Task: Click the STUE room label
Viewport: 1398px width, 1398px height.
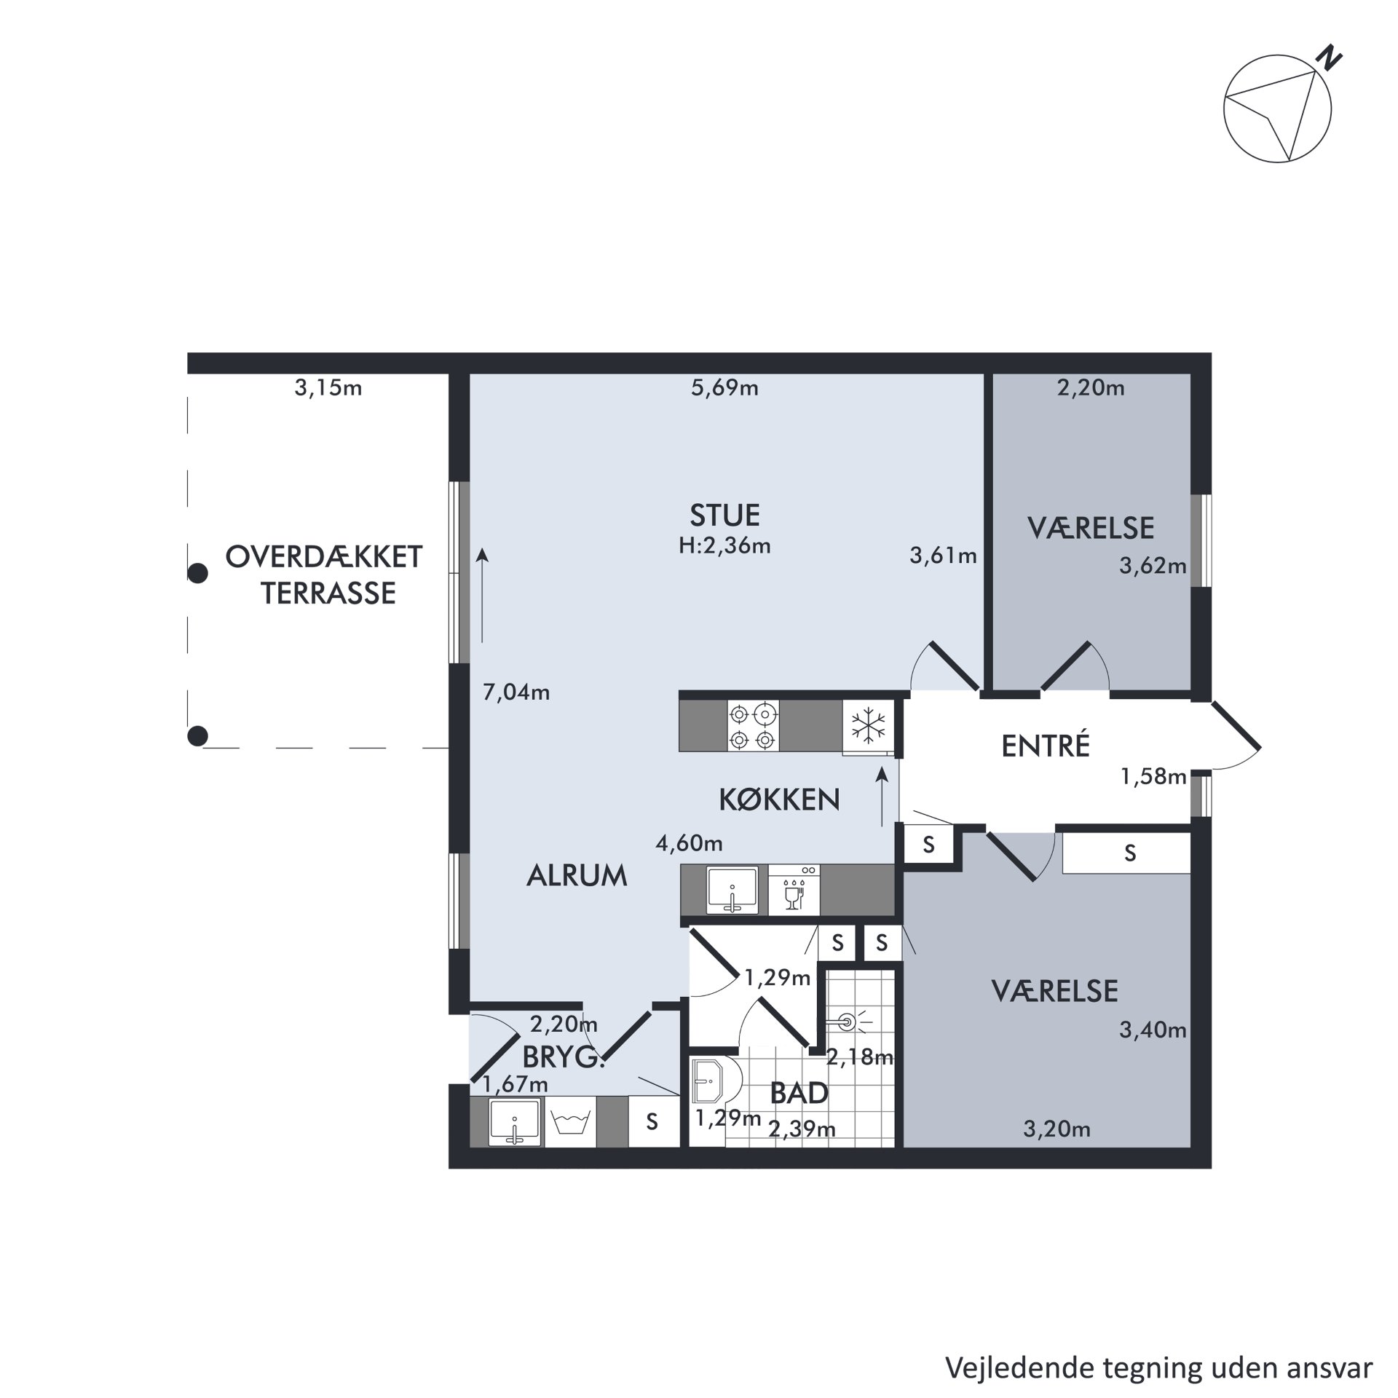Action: [x=724, y=516]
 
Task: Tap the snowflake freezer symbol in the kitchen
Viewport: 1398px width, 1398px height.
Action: [x=869, y=726]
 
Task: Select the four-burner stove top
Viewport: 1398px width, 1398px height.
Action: [x=753, y=725]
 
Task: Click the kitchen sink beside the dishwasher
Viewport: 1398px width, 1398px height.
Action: [x=732, y=890]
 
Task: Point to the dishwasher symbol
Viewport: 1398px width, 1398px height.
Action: [x=794, y=890]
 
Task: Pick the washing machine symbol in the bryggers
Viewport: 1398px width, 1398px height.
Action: [x=570, y=1122]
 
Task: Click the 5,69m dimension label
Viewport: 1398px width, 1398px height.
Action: [x=724, y=388]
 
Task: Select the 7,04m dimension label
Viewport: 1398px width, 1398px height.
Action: [x=516, y=692]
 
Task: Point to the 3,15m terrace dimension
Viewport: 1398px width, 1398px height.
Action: [x=328, y=388]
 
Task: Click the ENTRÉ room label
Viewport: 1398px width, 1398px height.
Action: [x=1046, y=746]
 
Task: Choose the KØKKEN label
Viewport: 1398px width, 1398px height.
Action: [x=779, y=799]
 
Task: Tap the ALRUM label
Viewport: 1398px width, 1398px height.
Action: [x=577, y=876]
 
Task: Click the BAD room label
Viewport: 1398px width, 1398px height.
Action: [x=799, y=1093]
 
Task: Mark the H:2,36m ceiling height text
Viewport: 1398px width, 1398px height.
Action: [x=724, y=545]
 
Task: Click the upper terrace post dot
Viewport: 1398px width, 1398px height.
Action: [x=198, y=574]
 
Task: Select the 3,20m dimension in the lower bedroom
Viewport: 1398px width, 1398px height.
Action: [x=1057, y=1129]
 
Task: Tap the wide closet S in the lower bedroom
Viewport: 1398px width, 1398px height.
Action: [x=1129, y=853]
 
